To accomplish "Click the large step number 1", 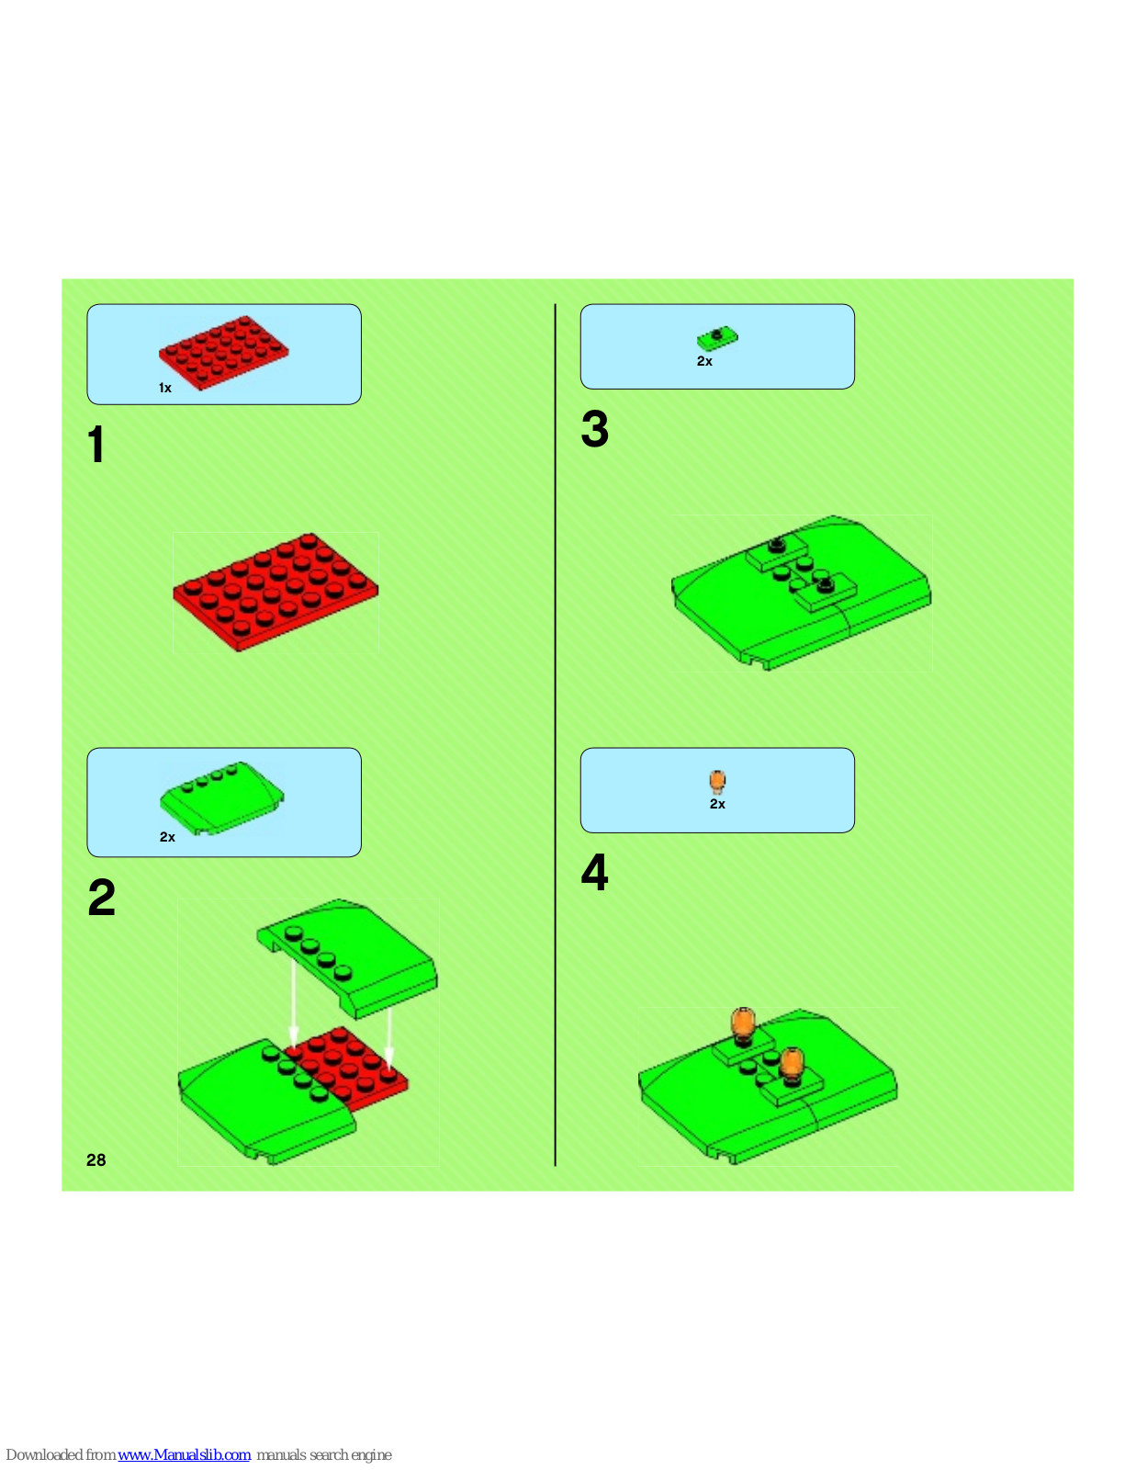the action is [96, 445].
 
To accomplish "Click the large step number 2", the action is [101, 897].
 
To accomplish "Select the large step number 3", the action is [595, 429].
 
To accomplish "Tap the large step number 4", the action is [595, 872].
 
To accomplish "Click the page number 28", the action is [96, 1160].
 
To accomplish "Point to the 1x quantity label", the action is [165, 388].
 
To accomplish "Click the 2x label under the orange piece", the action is [717, 804].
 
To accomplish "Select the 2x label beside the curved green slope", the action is [167, 837].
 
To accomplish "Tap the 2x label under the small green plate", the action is [704, 361].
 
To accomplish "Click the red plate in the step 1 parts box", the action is [224, 353].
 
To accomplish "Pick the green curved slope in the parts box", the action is [222, 798].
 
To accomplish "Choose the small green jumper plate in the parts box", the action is [717, 338].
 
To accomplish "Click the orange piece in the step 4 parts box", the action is [717, 781].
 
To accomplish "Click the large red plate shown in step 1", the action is [276, 592].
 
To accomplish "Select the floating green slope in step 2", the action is [347, 958].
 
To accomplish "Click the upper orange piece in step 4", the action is [742, 1025].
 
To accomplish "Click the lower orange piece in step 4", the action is [791, 1066].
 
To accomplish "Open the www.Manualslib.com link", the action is [184, 1454].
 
